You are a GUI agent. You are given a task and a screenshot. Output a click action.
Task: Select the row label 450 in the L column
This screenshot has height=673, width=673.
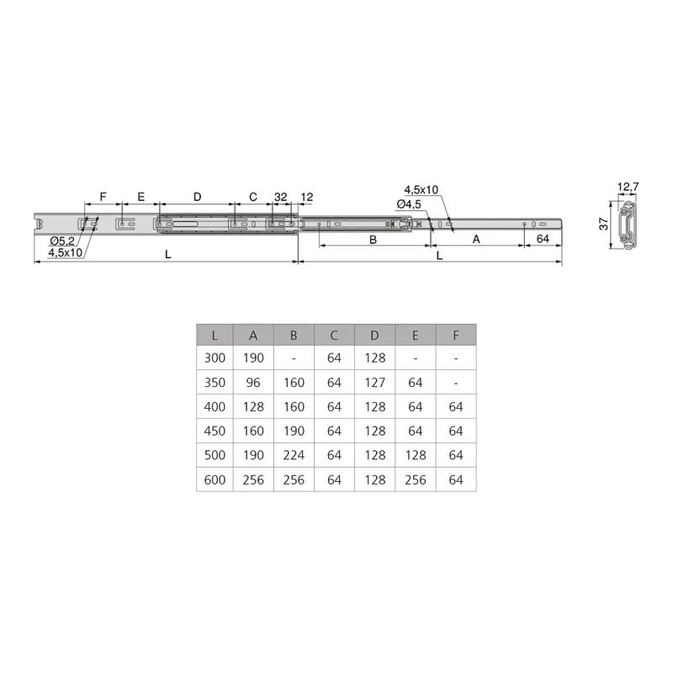215,431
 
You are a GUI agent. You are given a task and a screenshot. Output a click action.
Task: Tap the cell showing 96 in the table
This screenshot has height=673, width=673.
254,382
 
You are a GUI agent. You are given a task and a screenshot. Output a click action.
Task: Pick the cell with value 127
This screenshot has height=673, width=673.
375,382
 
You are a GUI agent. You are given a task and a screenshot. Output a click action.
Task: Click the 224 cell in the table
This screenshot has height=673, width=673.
294,455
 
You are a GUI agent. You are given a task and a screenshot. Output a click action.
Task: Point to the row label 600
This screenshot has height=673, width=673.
215,480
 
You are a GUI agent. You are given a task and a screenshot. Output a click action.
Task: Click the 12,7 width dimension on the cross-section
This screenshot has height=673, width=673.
628,187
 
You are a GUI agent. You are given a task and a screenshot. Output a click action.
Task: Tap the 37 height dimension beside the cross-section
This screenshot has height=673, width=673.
603,224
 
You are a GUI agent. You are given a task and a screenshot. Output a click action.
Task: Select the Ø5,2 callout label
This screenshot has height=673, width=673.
63,242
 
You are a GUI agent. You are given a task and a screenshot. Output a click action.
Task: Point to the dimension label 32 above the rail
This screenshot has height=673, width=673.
280,196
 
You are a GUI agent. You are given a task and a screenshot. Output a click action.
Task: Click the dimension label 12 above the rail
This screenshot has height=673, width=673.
306,196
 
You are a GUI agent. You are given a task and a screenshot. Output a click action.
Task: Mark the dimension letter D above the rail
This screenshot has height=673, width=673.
197,196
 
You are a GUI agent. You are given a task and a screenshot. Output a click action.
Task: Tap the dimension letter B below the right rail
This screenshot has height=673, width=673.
374,239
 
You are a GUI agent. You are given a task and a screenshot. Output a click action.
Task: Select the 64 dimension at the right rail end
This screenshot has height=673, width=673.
543,239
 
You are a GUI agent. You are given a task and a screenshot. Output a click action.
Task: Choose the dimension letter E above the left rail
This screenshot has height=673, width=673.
140,196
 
